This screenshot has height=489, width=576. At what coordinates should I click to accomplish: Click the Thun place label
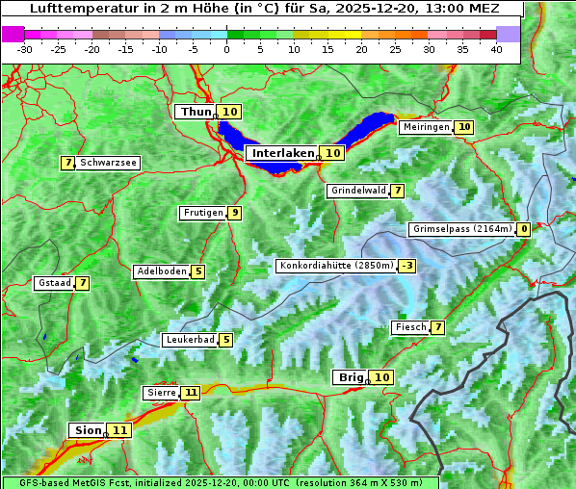click(x=196, y=113)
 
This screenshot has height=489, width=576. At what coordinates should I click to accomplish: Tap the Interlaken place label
click(x=283, y=153)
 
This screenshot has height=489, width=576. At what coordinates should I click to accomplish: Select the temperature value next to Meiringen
click(x=464, y=127)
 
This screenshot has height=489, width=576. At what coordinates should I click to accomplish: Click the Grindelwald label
click(x=358, y=191)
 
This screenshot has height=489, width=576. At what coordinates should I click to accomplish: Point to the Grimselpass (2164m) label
click(x=461, y=229)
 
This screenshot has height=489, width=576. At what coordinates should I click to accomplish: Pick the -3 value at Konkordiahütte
click(x=407, y=266)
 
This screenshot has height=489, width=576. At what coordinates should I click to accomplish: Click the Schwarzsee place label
click(x=108, y=163)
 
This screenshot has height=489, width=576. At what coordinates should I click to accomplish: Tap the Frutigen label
click(x=202, y=213)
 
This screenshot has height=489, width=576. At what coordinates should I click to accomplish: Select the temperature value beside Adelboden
click(x=198, y=271)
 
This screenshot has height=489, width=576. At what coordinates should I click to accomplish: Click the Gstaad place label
click(x=54, y=283)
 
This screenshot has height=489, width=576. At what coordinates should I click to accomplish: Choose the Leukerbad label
click(x=189, y=340)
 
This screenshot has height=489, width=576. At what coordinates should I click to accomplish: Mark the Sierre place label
click(x=161, y=393)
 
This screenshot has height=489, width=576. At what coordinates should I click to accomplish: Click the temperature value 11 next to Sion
click(x=119, y=430)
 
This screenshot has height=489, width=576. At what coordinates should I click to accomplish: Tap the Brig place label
click(x=350, y=377)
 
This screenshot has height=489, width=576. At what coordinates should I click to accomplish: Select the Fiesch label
click(x=410, y=327)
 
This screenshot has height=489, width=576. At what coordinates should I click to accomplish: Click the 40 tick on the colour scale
click(x=496, y=49)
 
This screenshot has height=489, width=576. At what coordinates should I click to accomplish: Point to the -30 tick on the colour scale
click(x=25, y=49)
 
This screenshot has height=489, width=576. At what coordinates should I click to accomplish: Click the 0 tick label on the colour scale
click(x=226, y=49)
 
